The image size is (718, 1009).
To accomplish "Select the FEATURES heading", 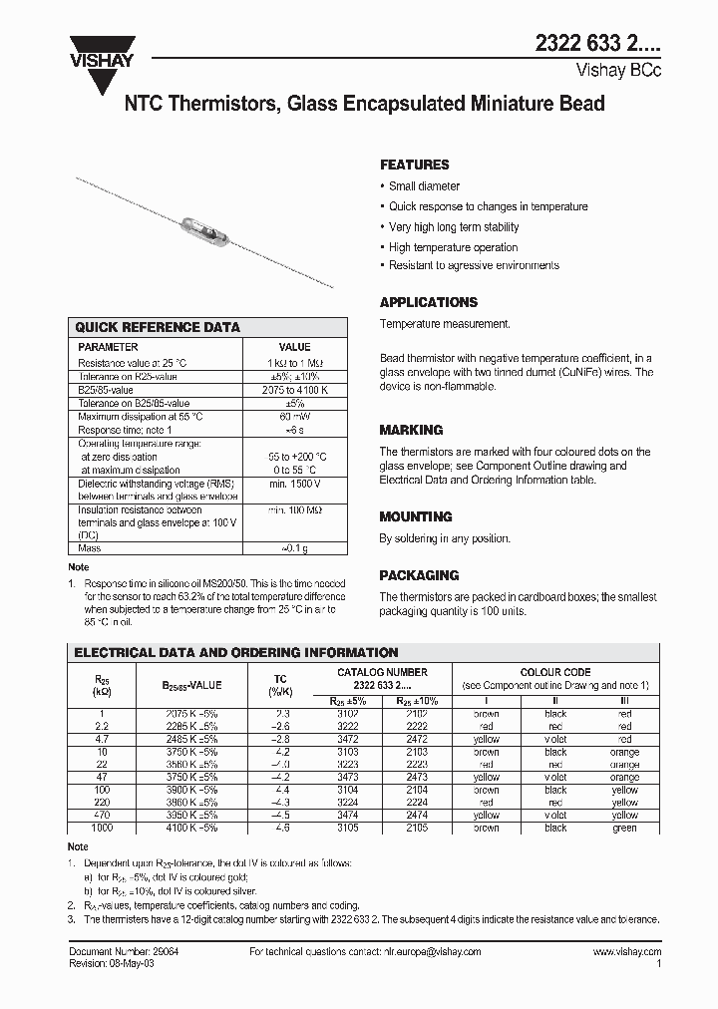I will pos(414,165).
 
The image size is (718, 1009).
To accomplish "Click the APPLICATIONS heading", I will pos(429,302).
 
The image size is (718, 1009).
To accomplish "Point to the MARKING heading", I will pos(411,430).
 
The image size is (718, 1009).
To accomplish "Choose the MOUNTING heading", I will pos(416,516).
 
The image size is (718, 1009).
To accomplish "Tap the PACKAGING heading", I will pos(419,575).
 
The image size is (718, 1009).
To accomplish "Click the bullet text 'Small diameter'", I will pos(424,186).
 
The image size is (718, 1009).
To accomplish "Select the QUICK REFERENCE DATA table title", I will pos(158,327).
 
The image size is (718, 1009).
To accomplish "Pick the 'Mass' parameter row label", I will pos(90,548).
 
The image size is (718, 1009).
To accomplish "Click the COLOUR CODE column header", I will pos(555,673).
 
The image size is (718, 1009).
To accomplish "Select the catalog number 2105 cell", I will pos(418,828).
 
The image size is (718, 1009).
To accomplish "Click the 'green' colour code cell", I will pos(624,828).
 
